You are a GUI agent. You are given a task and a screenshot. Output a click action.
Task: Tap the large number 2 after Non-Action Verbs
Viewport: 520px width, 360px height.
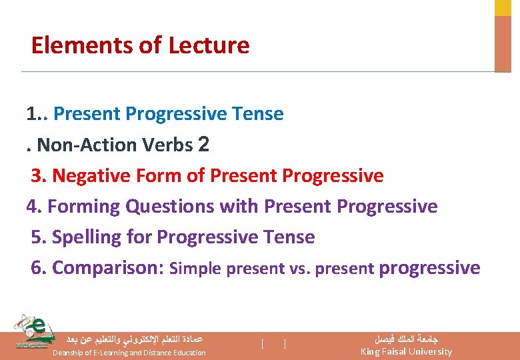click(x=204, y=144)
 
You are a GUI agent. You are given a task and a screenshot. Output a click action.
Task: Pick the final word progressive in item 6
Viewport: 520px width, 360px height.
click(x=429, y=268)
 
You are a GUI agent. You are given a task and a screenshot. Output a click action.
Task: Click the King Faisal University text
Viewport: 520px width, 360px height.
click(x=405, y=351)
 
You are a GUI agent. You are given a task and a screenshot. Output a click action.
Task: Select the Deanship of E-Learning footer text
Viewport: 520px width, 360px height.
click(x=129, y=352)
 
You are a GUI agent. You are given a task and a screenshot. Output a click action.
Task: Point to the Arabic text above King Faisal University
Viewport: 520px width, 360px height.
click(x=406, y=339)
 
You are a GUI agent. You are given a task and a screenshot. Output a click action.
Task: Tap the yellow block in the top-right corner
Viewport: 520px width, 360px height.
click(x=503, y=7)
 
